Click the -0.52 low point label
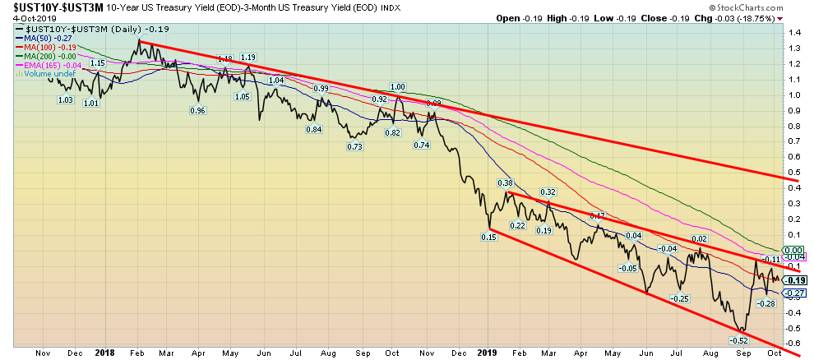(x=739, y=339)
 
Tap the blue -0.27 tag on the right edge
(x=794, y=293)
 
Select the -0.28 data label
(x=765, y=304)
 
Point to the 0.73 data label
(x=355, y=146)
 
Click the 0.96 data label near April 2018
(x=197, y=111)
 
